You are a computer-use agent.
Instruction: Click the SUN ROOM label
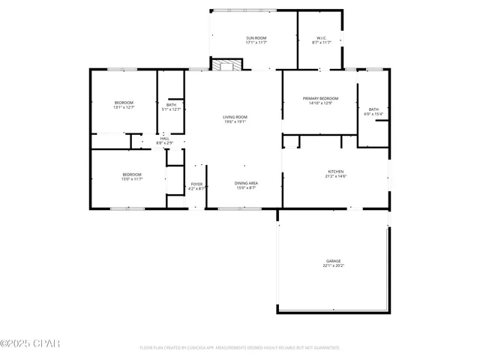coord(256,38)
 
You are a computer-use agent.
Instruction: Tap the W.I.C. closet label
coord(320,38)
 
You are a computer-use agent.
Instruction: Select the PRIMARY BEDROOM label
coord(320,99)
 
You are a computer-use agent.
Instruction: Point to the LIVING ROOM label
coord(235,117)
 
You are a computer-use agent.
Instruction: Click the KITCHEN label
coord(335,171)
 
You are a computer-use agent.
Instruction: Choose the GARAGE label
coord(333,261)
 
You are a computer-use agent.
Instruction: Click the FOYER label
coord(196,184)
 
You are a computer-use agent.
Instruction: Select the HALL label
coord(164,138)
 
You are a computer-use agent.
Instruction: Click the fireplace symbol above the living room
coord(226,65)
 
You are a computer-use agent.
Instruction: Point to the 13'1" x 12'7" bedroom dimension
coord(124,107)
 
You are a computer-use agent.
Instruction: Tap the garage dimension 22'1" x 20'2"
coord(333,266)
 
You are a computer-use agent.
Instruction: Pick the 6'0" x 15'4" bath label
coord(373,114)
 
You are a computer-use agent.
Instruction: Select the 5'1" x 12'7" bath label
coord(172,109)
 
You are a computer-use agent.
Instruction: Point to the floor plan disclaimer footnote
coord(240,348)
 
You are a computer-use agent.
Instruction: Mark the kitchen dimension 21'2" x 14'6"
coord(335,176)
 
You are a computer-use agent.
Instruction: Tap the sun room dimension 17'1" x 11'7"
coord(256,43)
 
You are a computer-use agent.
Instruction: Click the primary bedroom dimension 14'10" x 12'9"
coord(320,103)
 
